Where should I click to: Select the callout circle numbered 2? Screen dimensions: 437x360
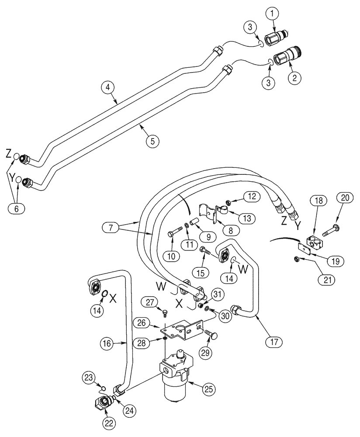tap(294, 78)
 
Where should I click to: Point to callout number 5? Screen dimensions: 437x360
tap(152, 141)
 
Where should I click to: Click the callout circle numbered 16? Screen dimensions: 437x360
tap(109, 344)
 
